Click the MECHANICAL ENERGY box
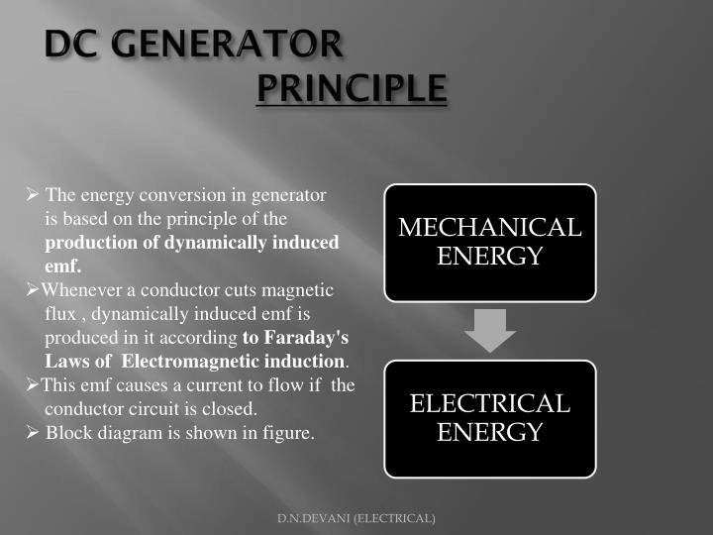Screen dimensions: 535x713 pyautogui.click(x=490, y=242)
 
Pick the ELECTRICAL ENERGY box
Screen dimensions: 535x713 pyautogui.click(x=490, y=418)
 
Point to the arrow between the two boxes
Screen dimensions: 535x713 pyautogui.click(x=490, y=330)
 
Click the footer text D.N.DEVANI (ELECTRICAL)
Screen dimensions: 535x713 pyautogui.click(x=356, y=518)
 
